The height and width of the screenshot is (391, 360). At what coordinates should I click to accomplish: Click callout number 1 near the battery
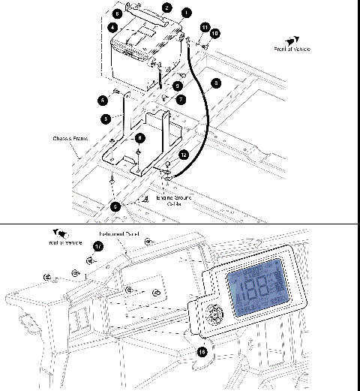(187, 13)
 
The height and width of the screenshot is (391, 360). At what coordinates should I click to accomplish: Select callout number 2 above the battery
(166, 7)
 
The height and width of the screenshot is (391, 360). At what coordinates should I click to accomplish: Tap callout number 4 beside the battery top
(112, 27)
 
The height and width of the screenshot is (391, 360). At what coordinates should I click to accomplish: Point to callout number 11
(203, 27)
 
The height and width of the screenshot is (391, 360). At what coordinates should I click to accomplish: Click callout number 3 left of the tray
(107, 119)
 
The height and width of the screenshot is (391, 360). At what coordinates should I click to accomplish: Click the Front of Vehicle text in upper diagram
(293, 49)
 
